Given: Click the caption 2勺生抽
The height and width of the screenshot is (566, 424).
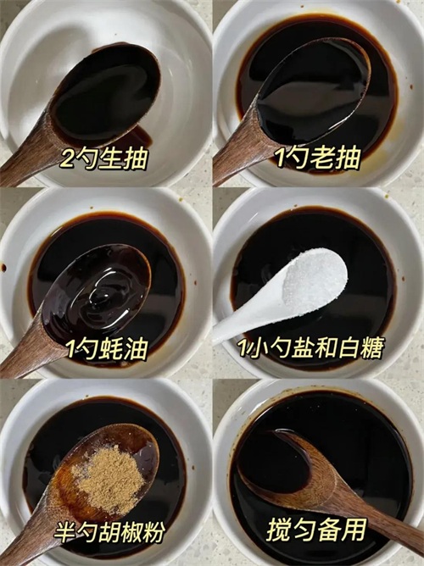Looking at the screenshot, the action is point(104,158).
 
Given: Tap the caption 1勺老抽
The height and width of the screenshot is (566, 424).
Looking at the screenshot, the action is point(317,158).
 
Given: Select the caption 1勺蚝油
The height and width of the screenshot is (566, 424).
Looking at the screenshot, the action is point(107,349).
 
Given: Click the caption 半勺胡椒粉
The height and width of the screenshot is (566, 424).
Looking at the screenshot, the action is point(109,531).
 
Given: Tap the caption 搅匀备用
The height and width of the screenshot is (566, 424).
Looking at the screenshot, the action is point(317,530).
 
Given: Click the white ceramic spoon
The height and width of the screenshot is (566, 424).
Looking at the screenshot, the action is point(280,294).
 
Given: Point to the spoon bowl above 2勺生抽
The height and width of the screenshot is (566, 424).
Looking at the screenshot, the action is point(105,95).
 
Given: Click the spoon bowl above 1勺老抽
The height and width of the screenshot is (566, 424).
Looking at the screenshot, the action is point(313,92).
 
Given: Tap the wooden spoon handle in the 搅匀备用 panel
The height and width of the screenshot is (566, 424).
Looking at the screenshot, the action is point(382,519).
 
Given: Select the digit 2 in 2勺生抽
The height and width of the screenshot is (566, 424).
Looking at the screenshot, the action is point(67,159).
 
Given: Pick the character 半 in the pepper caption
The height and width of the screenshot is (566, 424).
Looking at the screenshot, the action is point(64,532).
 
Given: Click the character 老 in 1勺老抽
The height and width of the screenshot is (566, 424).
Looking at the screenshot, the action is point(324,158).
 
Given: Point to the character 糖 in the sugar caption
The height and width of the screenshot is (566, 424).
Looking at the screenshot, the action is point(372,347).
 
